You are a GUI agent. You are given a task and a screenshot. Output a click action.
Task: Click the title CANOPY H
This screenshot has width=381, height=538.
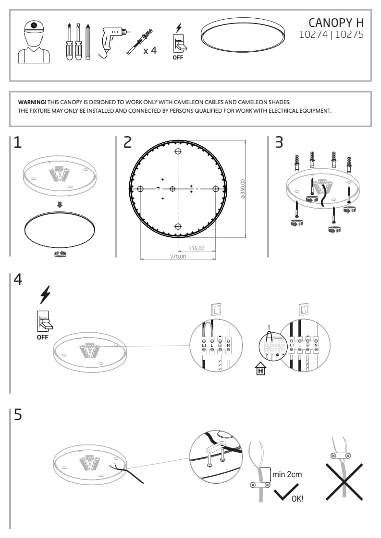point(336,22)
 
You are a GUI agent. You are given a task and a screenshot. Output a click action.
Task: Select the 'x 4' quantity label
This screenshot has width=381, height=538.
point(150,51)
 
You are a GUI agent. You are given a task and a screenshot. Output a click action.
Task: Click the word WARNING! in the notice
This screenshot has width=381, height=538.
point(32,102)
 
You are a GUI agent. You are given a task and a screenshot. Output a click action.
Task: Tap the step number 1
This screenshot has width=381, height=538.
point(18,142)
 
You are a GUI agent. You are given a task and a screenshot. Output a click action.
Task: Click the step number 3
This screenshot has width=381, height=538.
point(279,142)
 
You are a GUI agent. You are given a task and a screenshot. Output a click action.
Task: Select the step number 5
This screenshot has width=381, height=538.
point(18,415)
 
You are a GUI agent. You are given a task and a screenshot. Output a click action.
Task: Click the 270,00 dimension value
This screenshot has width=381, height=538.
point(178,257)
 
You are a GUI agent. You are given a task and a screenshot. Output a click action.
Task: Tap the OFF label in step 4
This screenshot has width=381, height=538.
point(43,337)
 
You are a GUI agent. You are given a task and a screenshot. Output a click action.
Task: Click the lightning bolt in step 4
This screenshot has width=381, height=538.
point(45,294)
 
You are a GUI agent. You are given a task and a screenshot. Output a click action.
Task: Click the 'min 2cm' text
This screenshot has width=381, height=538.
point(287,474)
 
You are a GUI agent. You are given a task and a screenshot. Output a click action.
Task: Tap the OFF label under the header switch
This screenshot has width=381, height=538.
point(178,58)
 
